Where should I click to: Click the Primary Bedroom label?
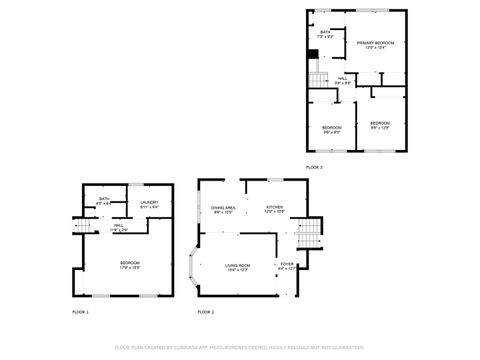pos(375,43)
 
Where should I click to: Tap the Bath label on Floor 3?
pos(325,32)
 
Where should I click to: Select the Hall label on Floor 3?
pos(342,78)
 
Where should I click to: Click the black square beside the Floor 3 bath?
pos(313,53)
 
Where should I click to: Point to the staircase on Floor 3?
pos(317,79)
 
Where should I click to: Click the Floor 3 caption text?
pos(314,167)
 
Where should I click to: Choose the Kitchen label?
pos(274,207)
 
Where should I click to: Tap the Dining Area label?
pos(223,207)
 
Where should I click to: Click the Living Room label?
pos(237,265)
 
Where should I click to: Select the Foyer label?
pos(287,265)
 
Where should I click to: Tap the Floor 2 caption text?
pos(205,312)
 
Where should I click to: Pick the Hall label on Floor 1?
pos(118,225)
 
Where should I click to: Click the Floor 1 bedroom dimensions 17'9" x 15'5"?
pos(129,268)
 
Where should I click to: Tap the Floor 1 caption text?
pos(80,312)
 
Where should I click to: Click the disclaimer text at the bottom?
pos(239,348)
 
